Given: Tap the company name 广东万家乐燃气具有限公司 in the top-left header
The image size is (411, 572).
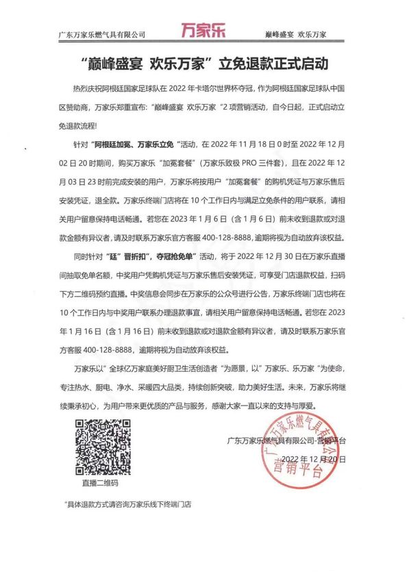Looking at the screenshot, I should point(103,34).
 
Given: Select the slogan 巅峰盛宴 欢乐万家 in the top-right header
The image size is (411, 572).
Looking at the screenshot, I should point(295,34).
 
